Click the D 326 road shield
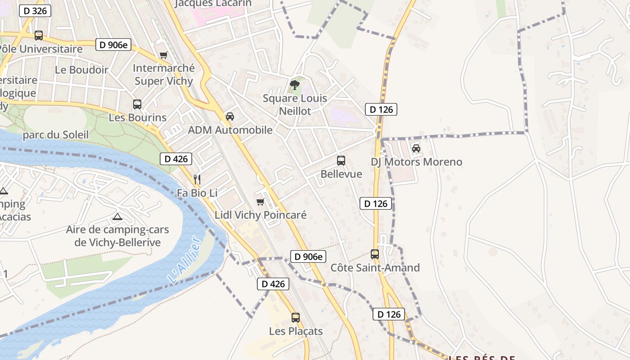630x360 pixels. (x=35, y=11)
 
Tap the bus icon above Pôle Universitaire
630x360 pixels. (x=39, y=35)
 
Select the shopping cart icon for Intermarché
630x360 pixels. (x=163, y=55)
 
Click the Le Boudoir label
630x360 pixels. (x=81, y=70)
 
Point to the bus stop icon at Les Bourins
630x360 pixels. (x=137, y=104)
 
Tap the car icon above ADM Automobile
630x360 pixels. (x=230, y=117)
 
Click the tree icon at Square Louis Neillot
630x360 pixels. (x=295, y=85)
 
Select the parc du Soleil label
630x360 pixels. (x=55, y=135)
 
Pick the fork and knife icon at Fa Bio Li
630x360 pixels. (x=197, y=180)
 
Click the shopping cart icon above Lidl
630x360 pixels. (x=260, y=202)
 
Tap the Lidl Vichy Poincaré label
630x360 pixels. (x=261, y=215)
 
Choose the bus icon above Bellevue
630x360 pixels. (x=341, y=161)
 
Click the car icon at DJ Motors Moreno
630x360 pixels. (x=416, y=148)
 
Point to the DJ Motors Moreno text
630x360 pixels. (x=416, y=162)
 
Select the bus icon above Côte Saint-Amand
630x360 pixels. (x=375, y=254)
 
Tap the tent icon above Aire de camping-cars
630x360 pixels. (x=117, y=217)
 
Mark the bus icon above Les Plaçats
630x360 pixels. (x=296, y=318)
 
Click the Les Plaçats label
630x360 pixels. (x=296, y=331)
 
